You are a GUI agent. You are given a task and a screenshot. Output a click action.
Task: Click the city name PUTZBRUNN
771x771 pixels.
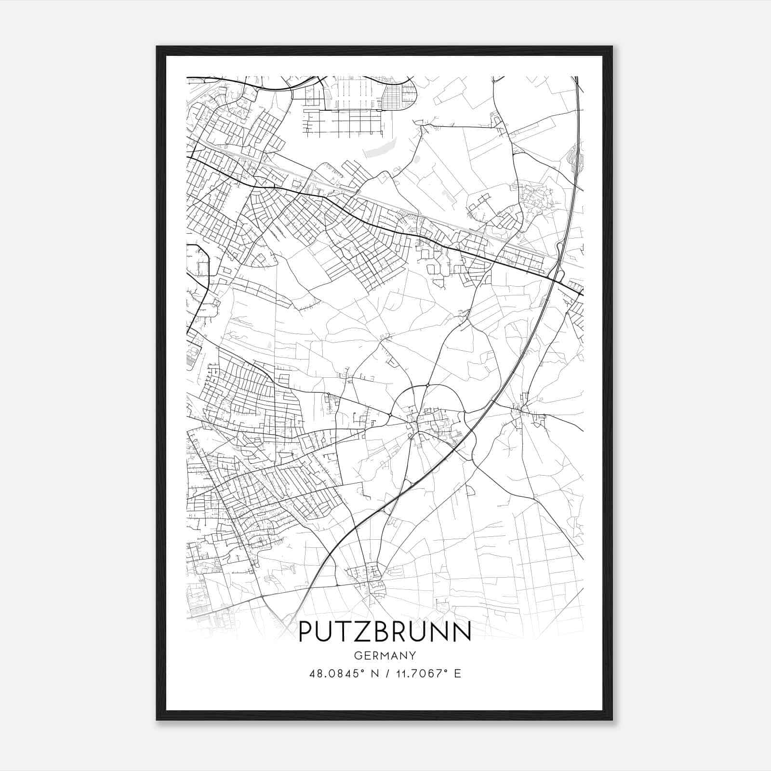pyautogui.click(x=385, y=631)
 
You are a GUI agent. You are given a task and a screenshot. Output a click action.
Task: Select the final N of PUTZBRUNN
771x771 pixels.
pyautogui.click(x=462, y=631)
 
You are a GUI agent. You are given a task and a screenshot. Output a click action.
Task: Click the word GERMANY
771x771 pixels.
pyautogui.click(x=385, y=655)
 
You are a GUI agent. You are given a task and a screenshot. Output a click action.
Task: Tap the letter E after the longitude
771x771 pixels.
pyautogui.click(x=458, y=674)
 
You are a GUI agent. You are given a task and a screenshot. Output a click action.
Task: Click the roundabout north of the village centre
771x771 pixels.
pyautogui.click(x=427, y=385)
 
